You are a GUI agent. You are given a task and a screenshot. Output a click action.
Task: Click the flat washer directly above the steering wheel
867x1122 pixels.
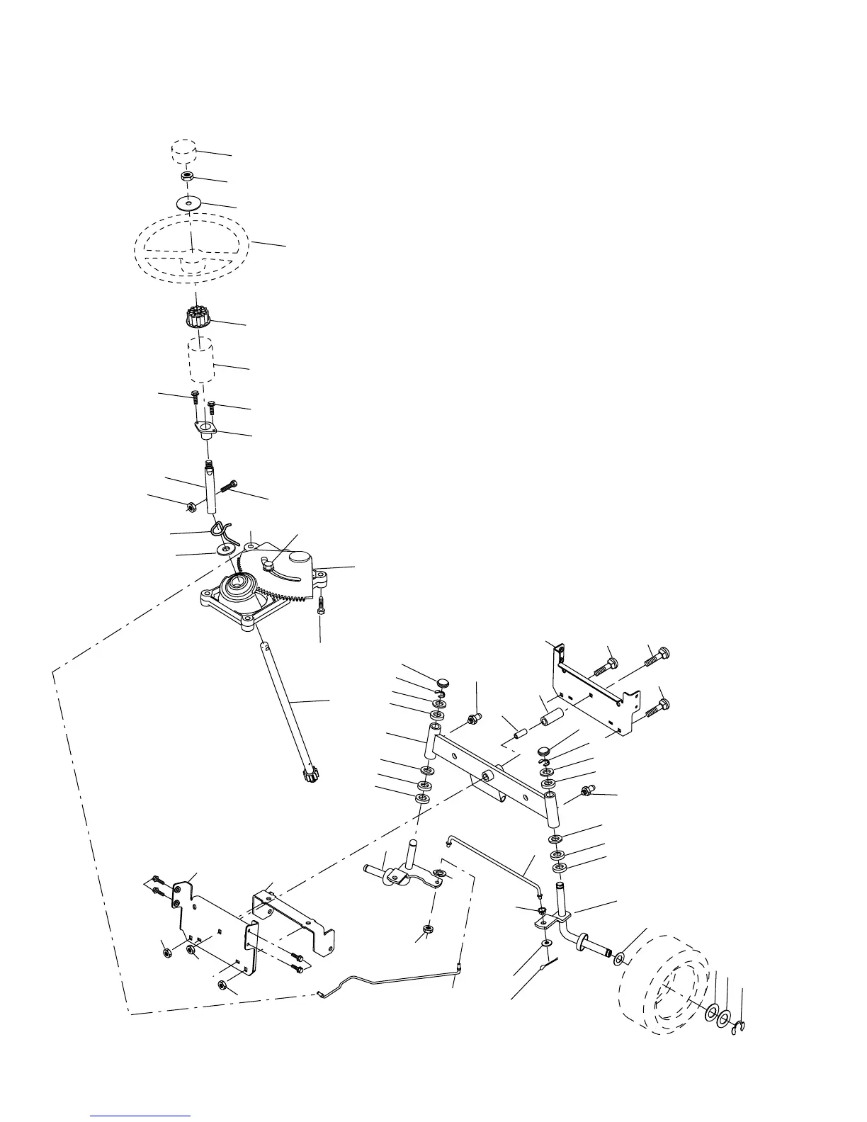tap(188, 203)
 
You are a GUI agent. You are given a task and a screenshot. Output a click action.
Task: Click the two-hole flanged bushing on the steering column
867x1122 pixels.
tap(205, 430)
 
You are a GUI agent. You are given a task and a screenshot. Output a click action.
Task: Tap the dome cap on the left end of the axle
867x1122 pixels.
tap(444, 682)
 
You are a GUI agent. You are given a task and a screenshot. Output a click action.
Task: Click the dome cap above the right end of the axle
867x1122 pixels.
tap(544, 749)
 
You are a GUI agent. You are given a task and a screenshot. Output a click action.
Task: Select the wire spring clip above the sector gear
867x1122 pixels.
tap(221, 528)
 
